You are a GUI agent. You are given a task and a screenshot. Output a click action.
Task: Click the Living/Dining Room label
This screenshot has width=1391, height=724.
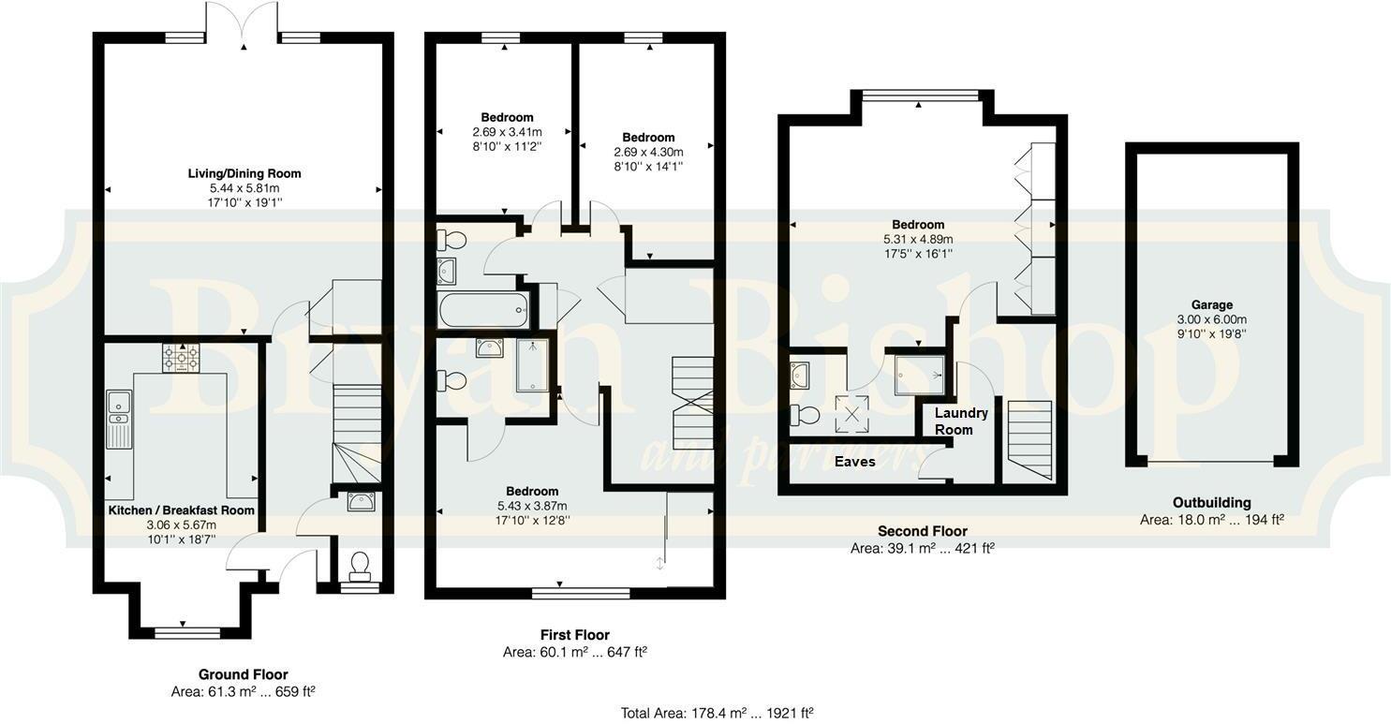click(244, 173)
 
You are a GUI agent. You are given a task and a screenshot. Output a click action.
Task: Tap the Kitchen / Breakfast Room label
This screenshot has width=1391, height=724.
click(181, 510)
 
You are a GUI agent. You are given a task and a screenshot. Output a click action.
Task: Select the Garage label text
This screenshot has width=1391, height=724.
click(1212, 304)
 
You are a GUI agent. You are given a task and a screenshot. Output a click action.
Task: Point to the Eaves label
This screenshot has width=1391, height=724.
click(855, 462)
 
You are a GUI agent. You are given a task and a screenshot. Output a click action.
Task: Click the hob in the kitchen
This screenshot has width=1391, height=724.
click(181, 359)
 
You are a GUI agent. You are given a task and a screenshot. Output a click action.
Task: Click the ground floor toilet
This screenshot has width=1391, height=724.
click(359, 565)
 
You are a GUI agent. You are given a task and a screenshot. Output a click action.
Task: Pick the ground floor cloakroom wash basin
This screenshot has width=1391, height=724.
click(359, 502)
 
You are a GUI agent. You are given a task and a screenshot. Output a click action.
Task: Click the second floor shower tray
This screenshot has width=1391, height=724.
click(918, 375)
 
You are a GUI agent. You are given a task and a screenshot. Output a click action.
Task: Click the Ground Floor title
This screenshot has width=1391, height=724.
click(243, 674)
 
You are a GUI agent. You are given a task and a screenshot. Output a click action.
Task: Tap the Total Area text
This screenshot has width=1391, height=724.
click(717, 713)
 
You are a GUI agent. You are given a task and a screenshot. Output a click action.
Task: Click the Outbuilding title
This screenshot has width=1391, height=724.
click(1211, 503)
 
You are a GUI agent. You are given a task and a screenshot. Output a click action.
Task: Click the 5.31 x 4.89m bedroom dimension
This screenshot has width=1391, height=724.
click(918, 239)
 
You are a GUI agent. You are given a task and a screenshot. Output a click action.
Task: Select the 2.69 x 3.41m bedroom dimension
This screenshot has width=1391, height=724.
click(507, 132)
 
